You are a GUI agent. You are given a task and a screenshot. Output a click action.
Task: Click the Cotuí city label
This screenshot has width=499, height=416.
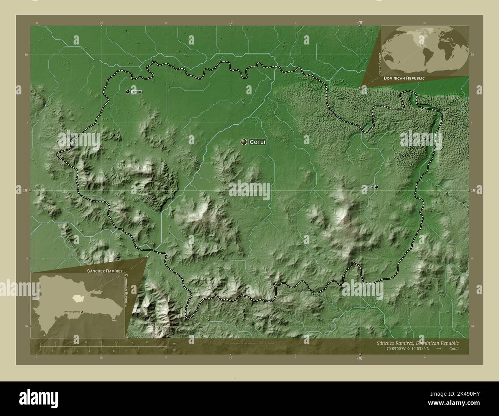(258, 142)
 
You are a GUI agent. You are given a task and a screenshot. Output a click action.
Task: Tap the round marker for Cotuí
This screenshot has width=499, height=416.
(244, 142)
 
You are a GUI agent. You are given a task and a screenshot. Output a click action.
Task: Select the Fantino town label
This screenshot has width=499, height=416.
(137, 92)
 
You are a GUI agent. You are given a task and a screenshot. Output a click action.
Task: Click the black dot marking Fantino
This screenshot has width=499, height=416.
(127, 92)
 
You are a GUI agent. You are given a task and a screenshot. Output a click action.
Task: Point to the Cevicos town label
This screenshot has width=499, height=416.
(367, 187)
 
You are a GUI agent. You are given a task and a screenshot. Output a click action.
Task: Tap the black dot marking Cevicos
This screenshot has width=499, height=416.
(377, 187)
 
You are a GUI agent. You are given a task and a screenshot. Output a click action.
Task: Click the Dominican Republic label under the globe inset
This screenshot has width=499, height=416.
(404, 78)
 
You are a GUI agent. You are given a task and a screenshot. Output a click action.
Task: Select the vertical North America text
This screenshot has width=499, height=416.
(380, 63)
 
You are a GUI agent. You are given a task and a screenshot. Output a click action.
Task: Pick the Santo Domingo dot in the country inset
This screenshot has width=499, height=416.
(82, 312)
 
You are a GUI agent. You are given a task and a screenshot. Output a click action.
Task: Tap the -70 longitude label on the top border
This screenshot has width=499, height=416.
(360, 23)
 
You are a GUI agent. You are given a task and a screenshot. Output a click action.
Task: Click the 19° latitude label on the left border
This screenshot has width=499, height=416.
(24, 190)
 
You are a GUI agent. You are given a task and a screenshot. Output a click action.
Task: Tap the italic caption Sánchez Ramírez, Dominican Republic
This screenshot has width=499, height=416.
(416, 343)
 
